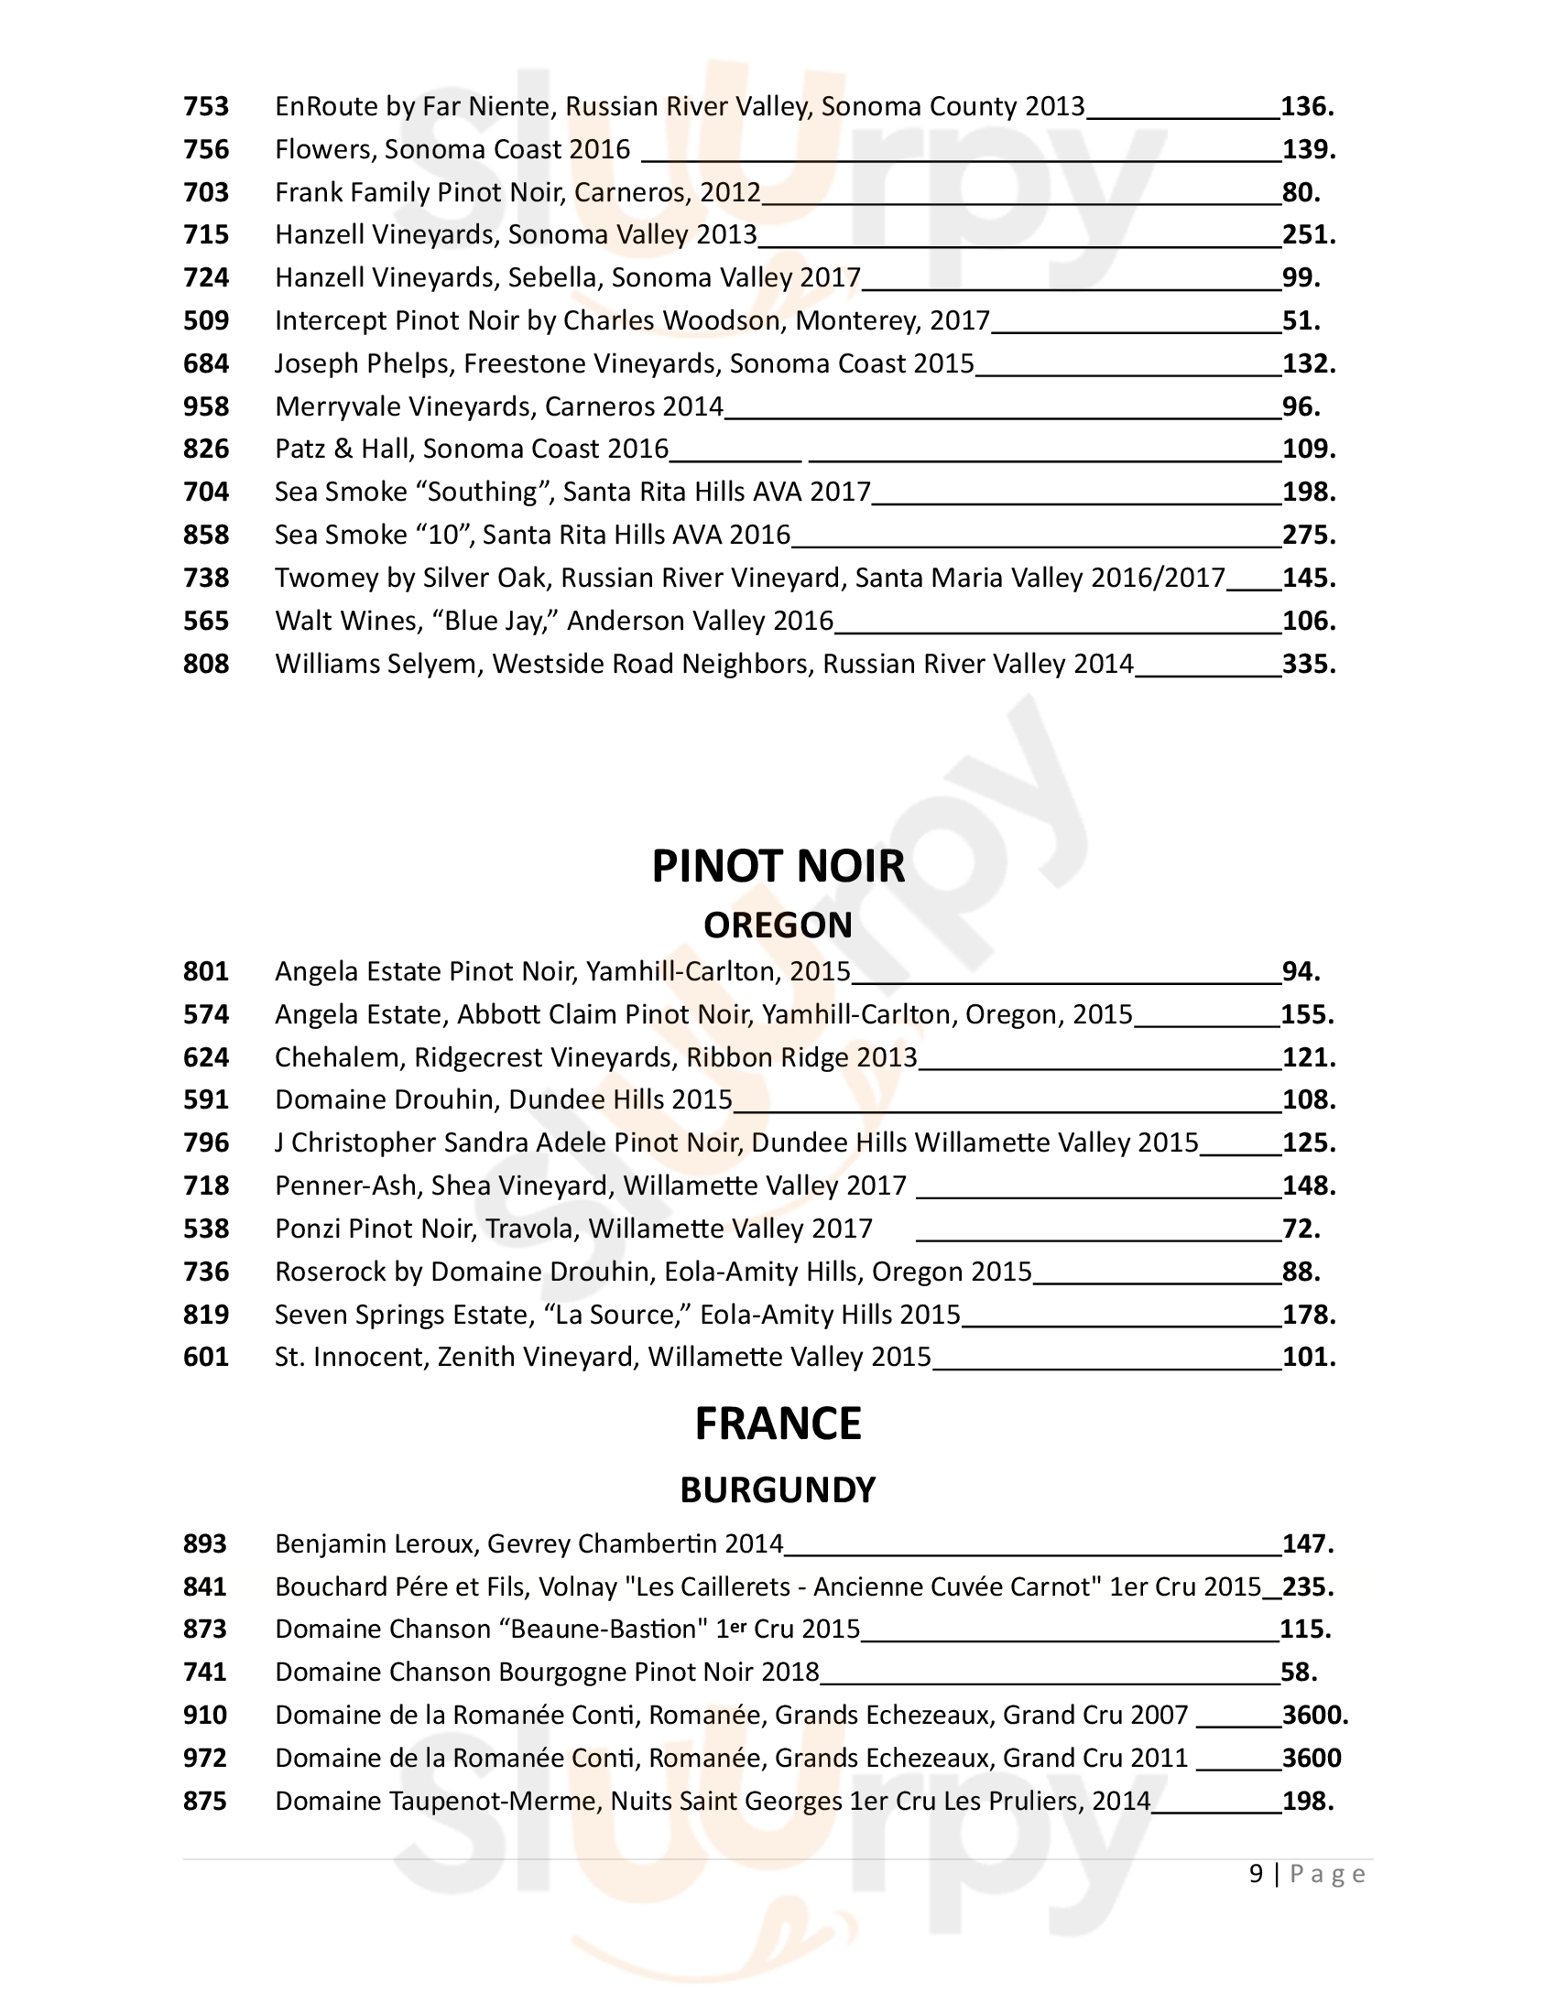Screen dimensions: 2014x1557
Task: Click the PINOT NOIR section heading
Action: [778, 867]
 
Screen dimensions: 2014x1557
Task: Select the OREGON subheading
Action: [778, 925]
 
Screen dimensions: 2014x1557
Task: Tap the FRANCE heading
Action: [778, 1424]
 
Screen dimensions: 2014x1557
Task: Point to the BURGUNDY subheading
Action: [778, 1490]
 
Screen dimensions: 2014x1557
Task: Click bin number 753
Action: [206, 107]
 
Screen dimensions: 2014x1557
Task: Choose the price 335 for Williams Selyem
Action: [1308, 664]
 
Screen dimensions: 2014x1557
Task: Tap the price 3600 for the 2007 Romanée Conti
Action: [1314, 1716]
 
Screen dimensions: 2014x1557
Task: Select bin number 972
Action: [205, 1759]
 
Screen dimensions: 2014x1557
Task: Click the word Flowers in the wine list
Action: [326, 149]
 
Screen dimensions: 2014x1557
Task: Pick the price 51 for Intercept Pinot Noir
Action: [1301, 321]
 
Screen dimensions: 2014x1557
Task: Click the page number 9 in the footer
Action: [1256, 1874]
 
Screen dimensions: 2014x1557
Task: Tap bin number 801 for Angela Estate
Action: [206, 972]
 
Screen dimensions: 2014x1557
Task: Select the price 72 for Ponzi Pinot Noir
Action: [1301, 1229]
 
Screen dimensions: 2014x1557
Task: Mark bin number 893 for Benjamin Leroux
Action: [205, 1543]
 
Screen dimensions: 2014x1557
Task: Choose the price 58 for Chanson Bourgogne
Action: [1299, 1673]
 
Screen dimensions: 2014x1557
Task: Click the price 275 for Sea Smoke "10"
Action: [1308, 536]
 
